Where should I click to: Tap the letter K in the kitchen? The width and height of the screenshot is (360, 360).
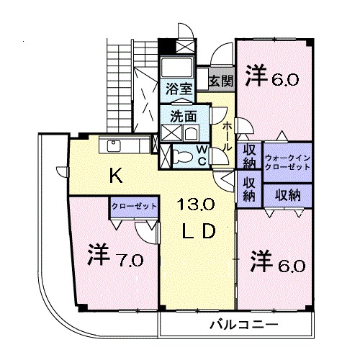[x=114, y=174]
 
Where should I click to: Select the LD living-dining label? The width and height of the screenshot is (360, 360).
[x=198, y=232]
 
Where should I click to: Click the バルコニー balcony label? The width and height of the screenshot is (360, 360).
[x=238, y=325]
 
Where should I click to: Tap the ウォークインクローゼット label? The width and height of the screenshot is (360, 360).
[x=287, y=162]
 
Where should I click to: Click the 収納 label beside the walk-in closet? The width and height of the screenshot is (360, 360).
[x=249, y=156]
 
